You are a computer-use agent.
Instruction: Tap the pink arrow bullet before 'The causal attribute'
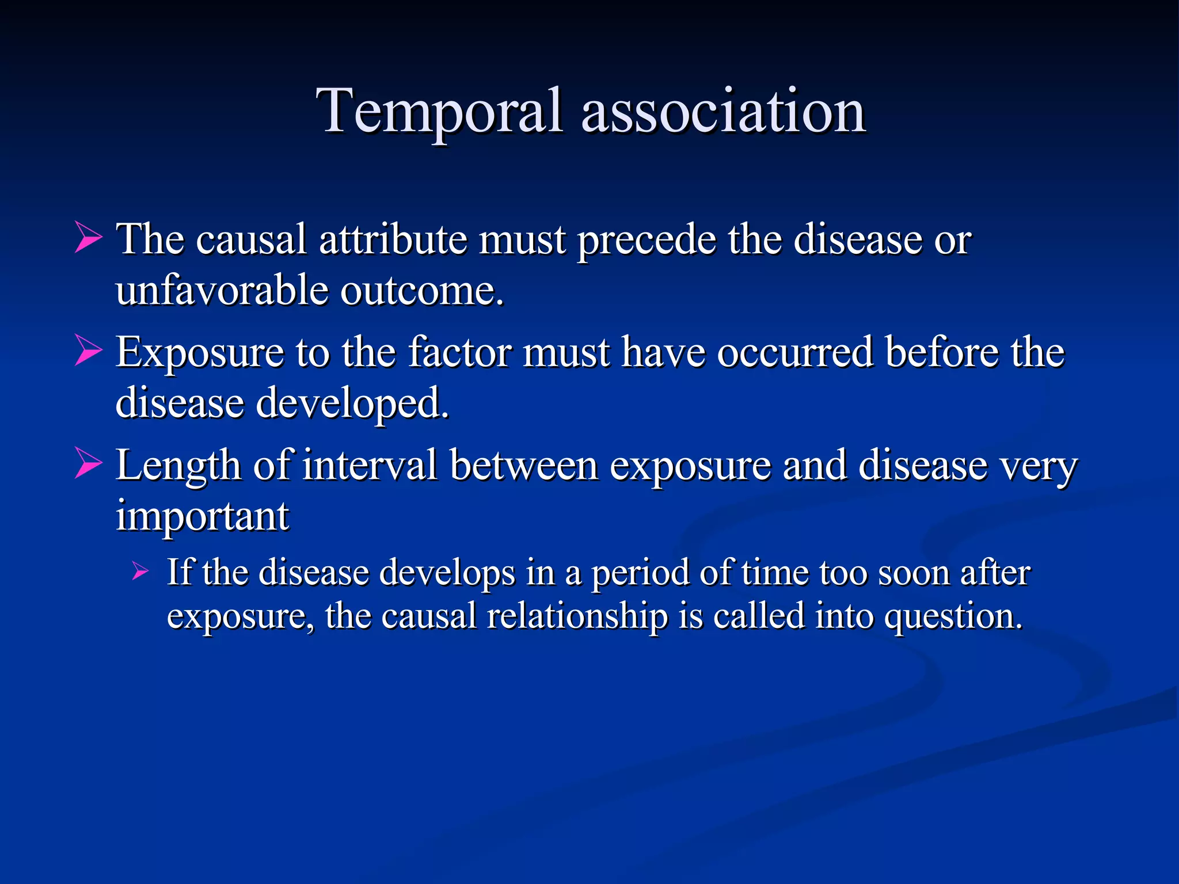click(89, 238)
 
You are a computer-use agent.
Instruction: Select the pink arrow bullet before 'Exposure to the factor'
click(89, 351)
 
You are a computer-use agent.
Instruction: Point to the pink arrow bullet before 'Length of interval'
click(89, 464)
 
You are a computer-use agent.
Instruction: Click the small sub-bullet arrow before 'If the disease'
click(140, 571)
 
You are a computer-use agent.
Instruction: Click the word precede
click(646, 239)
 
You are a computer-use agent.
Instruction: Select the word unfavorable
click(221, 290)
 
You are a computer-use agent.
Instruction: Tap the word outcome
click(421, 290)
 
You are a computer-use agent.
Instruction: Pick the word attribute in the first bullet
click(393, 239)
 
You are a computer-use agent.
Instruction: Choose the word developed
click(352, 403)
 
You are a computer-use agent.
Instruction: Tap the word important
click(202, 516)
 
